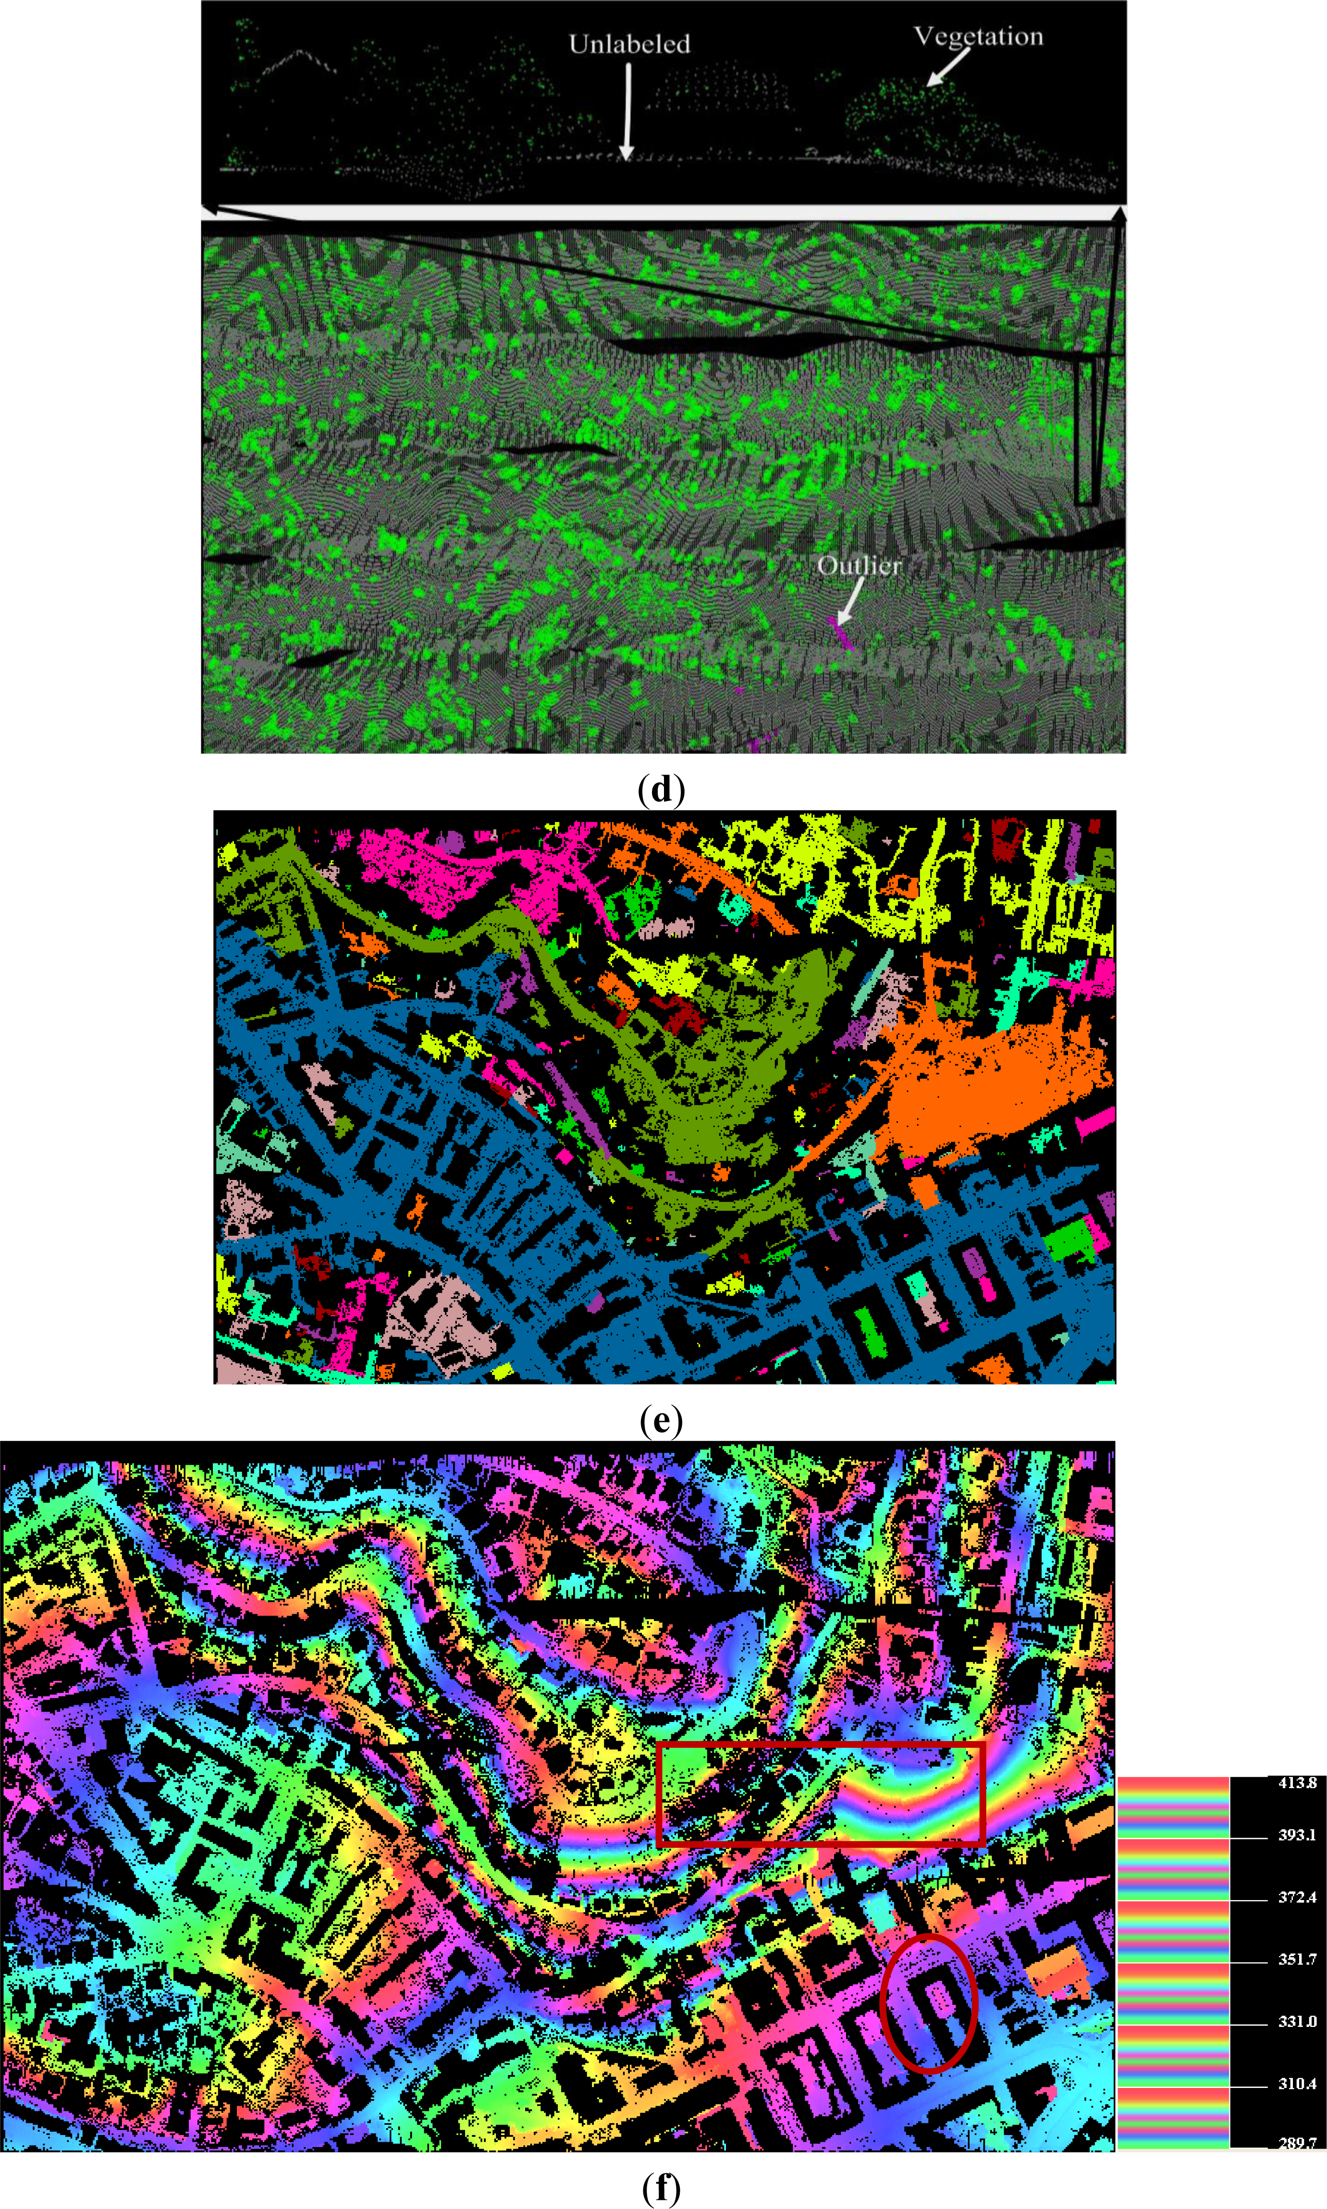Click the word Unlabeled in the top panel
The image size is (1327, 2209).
click(x=629, y=44)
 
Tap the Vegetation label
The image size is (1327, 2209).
click(x=978, y=37)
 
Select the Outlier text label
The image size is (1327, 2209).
click(x=859, y=565)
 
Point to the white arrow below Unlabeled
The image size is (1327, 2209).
click(x=628, y=112)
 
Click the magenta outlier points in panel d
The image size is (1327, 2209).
click(x=841, y=632)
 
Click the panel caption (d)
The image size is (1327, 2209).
click(x=662, y=789)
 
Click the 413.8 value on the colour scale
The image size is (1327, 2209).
click(x=1297, y=1782)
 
